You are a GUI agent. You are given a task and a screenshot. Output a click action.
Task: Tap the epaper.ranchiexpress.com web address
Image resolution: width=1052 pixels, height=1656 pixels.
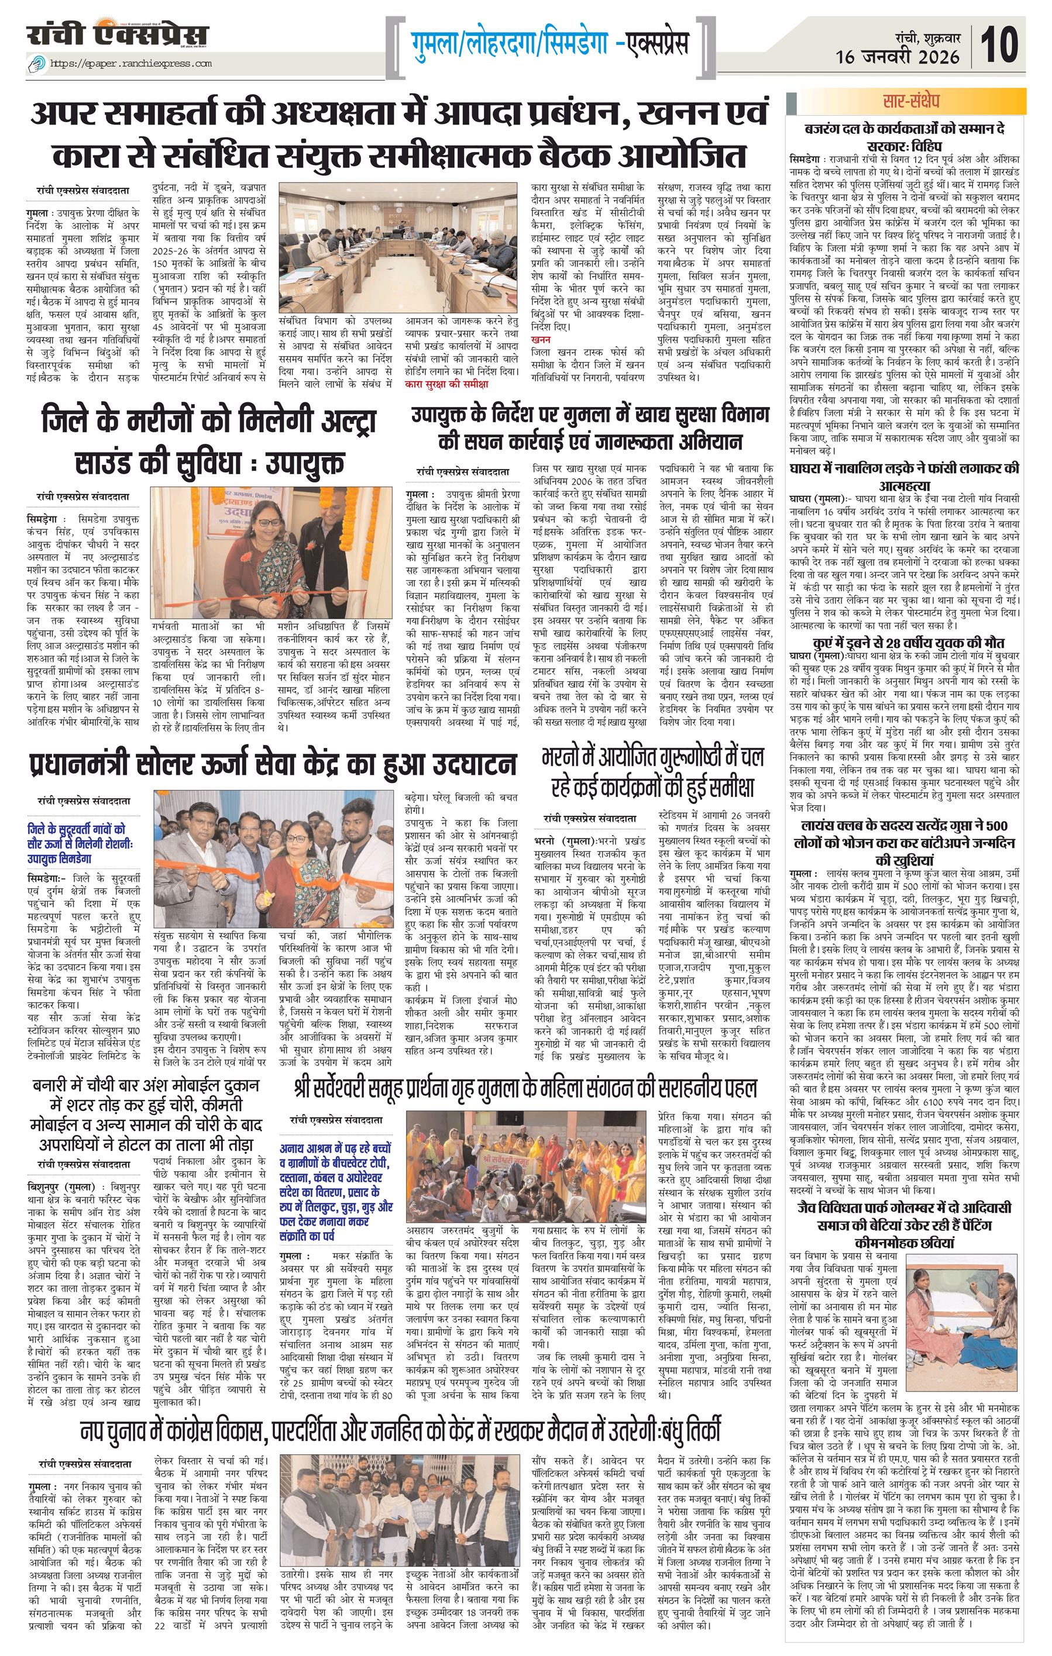click(x=134, y=64)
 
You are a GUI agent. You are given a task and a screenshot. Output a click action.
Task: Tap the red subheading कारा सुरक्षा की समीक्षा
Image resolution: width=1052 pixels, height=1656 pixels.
click(x=446, y=384)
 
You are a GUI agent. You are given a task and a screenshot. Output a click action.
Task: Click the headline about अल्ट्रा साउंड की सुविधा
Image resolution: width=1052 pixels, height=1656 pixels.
click(x=207, y=441)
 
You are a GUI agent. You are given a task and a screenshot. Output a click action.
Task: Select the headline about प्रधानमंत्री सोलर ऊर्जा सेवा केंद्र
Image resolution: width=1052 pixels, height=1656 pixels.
click(x=273, y=764)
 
